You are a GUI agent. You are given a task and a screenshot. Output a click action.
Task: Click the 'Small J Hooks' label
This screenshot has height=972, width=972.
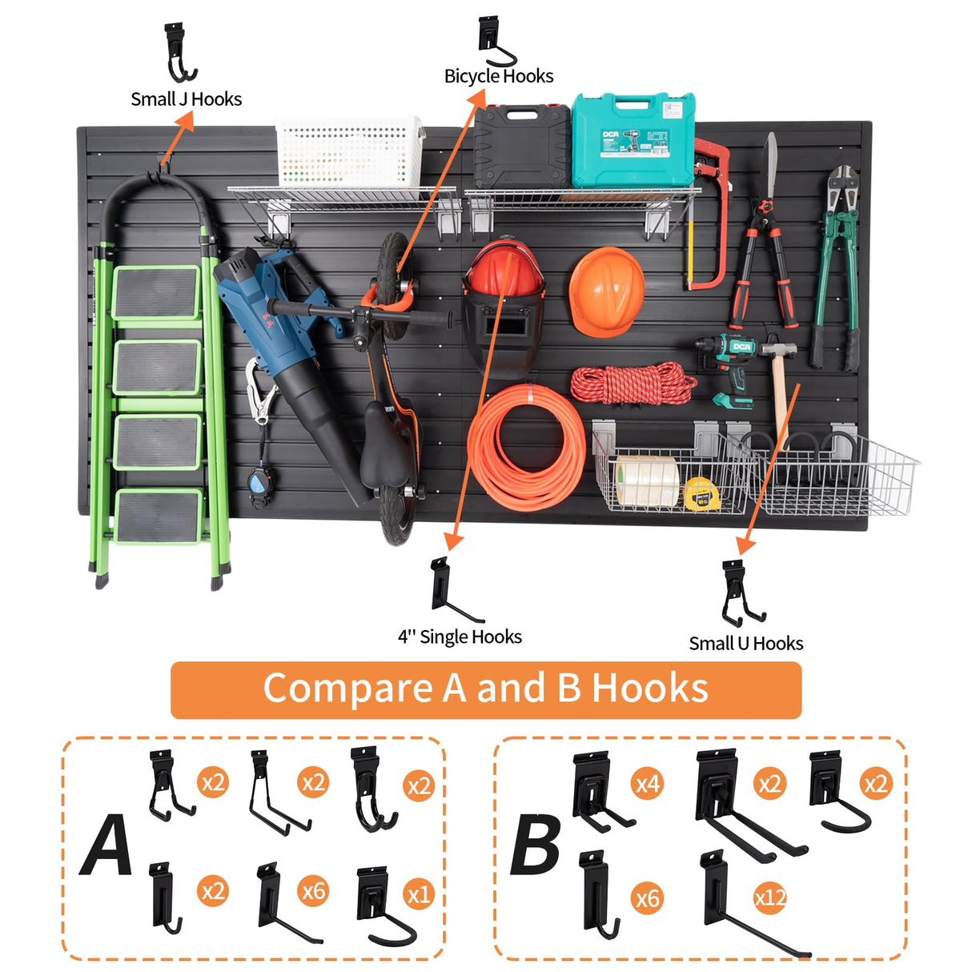click(x=186, y=99)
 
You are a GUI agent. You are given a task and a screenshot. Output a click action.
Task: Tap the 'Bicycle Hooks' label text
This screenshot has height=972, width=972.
click(x=499, y=76)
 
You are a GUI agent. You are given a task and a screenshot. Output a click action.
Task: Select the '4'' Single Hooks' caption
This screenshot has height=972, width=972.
click(x=460, y=637)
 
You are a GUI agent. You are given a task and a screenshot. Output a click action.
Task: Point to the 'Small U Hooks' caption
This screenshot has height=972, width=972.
click(x=745, y=643)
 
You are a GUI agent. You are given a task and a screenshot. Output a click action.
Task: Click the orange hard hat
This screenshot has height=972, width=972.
click(x=606, y=291)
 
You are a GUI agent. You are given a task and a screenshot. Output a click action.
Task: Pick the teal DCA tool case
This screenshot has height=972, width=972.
click(x=633, y=139)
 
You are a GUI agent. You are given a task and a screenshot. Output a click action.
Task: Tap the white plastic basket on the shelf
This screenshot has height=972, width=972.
click(x=349, y=151)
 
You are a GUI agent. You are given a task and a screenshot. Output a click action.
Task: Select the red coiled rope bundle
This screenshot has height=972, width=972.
click(x=633, y=384)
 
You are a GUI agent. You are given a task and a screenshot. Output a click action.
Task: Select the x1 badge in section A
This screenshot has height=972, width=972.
click(x=419, y=894)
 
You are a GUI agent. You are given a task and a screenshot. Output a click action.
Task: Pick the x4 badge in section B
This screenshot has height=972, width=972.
click(x=647, y=782)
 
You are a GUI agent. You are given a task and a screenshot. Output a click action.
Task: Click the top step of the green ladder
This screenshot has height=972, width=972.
click(x=156, y=291)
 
